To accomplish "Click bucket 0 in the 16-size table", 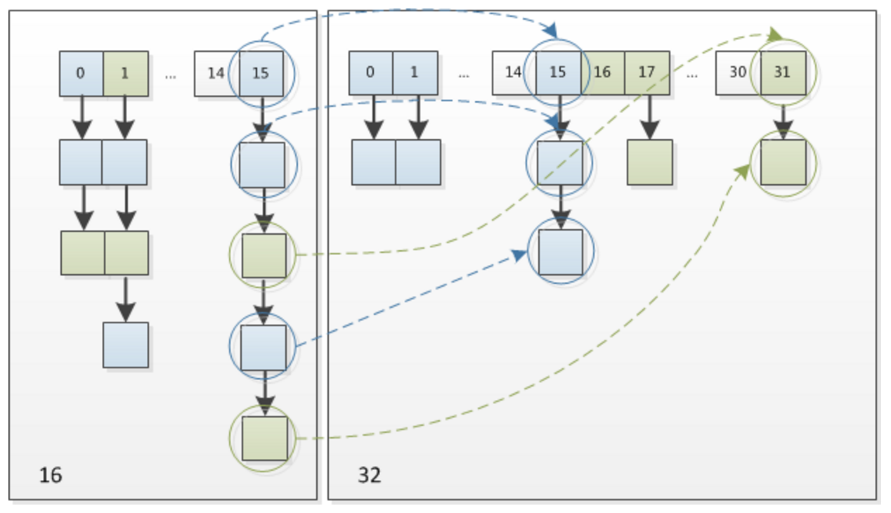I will coord(81,73).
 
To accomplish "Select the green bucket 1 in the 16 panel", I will coord(126,73).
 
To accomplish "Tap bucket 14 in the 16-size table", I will coord(216,73).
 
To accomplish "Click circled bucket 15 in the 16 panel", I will coord(261,73).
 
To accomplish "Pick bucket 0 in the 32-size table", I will coord(370,72).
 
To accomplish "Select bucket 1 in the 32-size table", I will coord(415,72).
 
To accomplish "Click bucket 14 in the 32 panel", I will coord(514,72).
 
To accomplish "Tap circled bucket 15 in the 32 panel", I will coord(558,72).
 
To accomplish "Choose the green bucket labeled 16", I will coord(602,72).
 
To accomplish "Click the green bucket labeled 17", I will coord(647,72).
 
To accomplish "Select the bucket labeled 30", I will coord(738,72).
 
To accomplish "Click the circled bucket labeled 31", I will coord(783,72).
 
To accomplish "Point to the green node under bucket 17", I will coord(650,162).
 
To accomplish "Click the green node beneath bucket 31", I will coord(783,162).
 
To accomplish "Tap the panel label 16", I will coord(51,475).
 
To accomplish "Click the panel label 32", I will coord(370,475).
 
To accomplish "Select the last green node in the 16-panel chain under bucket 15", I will coord(264,438).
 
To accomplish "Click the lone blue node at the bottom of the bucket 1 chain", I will coord(126,345).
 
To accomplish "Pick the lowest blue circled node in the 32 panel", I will coord(561,252).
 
